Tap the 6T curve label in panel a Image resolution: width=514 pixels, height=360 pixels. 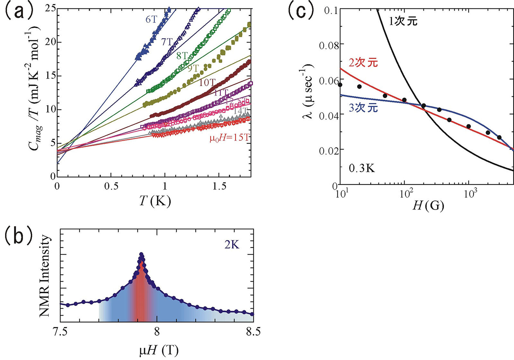(151, 19)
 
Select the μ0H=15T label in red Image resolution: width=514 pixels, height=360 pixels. (229, 138)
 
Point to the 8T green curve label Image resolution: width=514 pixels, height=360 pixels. (182, 55)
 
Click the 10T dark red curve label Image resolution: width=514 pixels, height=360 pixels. (207, 82)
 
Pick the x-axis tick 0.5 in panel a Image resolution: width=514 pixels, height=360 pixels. (111, 186)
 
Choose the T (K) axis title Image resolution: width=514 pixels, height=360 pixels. (155, 201)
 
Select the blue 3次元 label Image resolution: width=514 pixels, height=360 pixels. (363, 108)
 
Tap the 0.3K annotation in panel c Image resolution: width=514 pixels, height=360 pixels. (362, 168)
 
